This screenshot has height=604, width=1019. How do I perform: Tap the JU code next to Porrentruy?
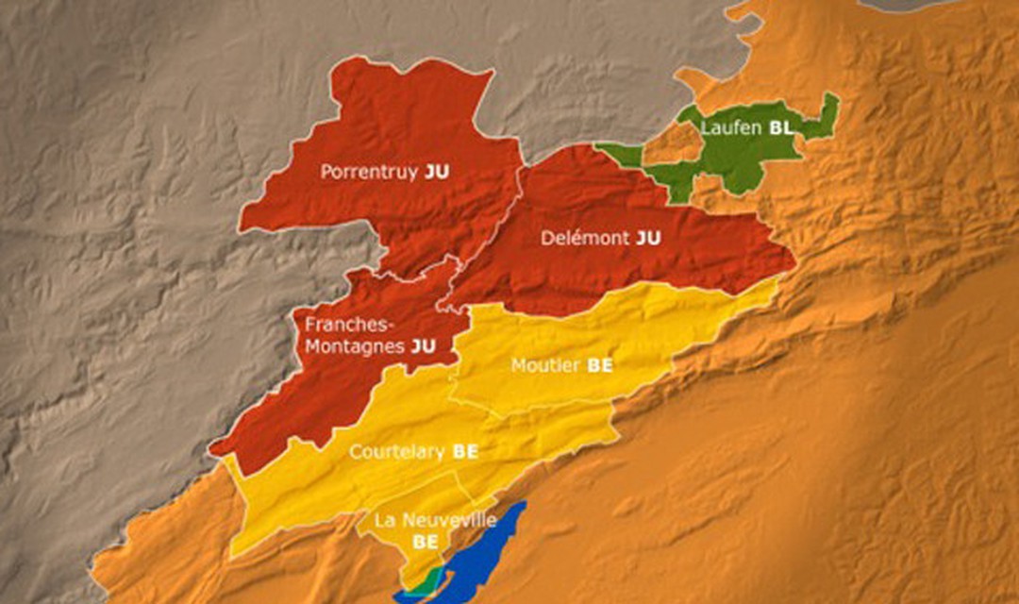(437, 173)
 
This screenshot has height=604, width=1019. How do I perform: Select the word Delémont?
(585, 239)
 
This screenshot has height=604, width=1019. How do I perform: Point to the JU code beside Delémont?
(648, 239)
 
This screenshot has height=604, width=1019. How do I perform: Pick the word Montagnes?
(355, 346)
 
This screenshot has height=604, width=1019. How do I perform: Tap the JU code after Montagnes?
(424, 346)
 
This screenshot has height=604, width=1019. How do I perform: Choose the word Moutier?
(545, 366)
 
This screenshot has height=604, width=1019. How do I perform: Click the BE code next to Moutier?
(600, 366)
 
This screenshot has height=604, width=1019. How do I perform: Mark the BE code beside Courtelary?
(465, 452)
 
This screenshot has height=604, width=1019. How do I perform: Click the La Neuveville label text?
(435, 520)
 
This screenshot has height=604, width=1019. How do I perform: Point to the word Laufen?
(731, 129)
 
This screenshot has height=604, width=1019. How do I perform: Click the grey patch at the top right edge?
(906, 5)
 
